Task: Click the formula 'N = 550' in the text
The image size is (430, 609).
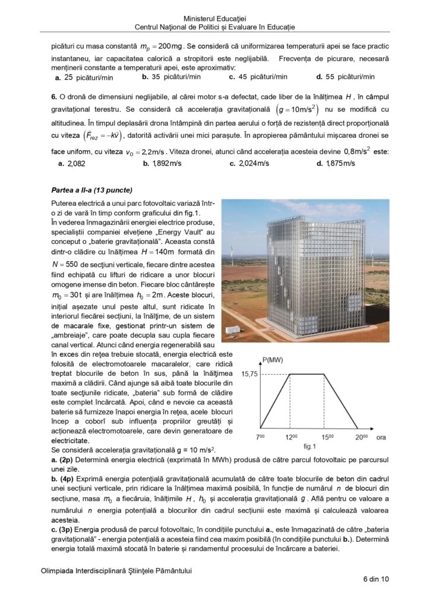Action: [x=65, y=263]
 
